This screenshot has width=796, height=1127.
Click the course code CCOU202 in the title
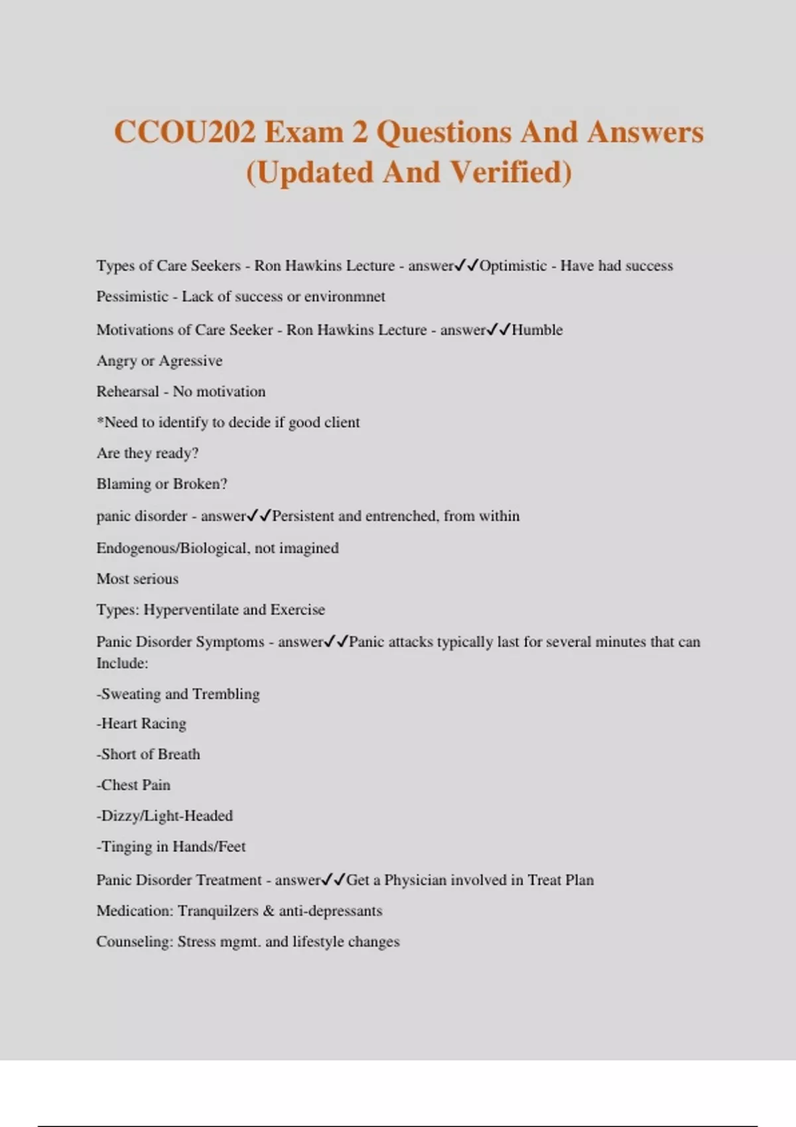[185, 132]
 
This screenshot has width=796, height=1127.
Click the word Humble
[537, 330]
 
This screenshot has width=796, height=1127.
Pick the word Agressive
[191, 361]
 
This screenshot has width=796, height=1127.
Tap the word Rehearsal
[127, 392]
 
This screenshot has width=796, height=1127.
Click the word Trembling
[226, 694]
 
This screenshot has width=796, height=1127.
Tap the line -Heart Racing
[141, 724]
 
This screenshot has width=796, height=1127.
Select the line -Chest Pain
[133, 785]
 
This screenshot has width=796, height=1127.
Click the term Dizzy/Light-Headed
[166, 816]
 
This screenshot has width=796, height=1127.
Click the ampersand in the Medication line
[269, 911]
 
